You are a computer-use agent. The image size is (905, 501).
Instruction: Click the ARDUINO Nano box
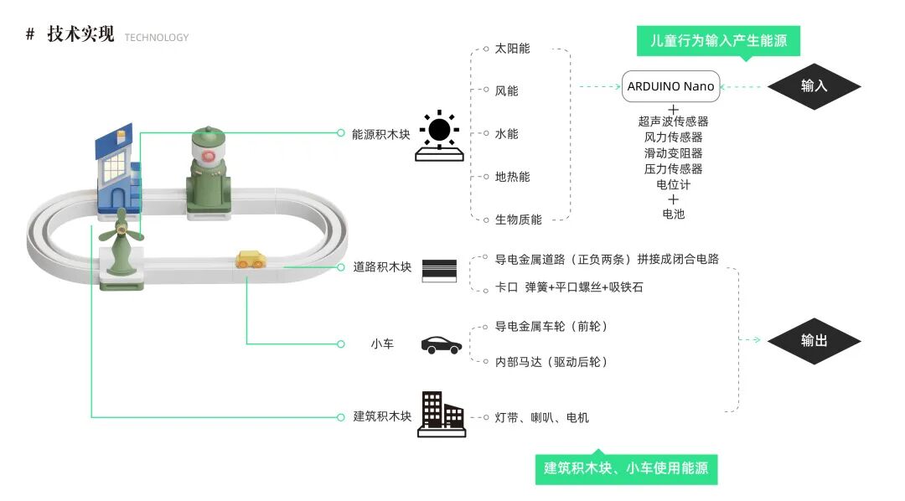pos(670,86)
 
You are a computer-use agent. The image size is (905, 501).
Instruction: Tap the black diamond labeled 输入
pos(814,85)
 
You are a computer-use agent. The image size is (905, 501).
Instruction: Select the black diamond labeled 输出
pos(814,340)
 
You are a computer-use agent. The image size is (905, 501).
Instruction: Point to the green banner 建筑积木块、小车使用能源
pos(626,467)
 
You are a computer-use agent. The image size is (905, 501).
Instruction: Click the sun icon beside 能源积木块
pos(440,132)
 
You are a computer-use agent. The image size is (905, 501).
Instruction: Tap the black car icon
pos(441,344)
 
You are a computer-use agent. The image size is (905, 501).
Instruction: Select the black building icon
pos(441,414)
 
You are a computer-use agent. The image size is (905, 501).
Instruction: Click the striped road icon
pos(439,269)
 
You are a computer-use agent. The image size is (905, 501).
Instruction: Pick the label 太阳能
pos(512,49)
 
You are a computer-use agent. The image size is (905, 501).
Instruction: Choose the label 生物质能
pos(518,220)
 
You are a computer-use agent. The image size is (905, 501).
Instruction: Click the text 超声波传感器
pos(673,121)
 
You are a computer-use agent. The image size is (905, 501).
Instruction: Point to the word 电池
pos(673,214)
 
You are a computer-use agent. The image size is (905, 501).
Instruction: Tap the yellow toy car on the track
pos(250,260)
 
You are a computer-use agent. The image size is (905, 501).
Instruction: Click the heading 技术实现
pos(80,34)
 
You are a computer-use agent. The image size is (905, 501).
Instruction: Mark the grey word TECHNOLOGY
pos(157,38)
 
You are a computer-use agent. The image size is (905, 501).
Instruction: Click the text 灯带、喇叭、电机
pos(541,417)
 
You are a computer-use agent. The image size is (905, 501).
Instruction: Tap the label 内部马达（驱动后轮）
pos(551,362)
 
